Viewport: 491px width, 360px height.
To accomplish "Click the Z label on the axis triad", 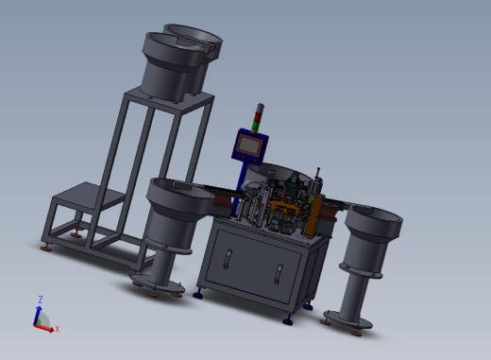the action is [x=41, y=300].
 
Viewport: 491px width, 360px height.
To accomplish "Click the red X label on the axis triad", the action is [x=58, y=329].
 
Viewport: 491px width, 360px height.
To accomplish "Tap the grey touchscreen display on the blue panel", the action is [x=249, y=146].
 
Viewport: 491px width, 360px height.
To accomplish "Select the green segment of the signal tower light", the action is [x=256, y=125].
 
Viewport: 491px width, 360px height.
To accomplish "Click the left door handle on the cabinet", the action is [x=229, y=260].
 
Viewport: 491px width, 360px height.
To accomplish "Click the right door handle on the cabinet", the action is [x=279, y=274].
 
